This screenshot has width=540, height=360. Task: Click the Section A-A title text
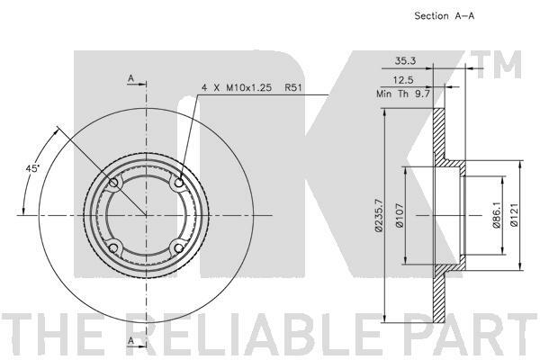point(445,16)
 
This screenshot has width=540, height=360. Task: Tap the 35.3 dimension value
point(405,61)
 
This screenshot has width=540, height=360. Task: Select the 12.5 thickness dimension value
point(403,80)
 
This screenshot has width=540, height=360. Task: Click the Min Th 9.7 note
point(403,94)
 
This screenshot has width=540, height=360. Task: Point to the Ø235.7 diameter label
point(379,215)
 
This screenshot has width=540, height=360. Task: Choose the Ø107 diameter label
point(400,215)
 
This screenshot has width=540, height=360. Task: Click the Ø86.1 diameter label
point(496,215)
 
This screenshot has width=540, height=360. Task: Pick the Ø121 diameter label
point(514,214)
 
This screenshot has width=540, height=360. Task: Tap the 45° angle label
point(32,168)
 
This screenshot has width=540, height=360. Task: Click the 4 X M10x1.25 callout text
point(237,88)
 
